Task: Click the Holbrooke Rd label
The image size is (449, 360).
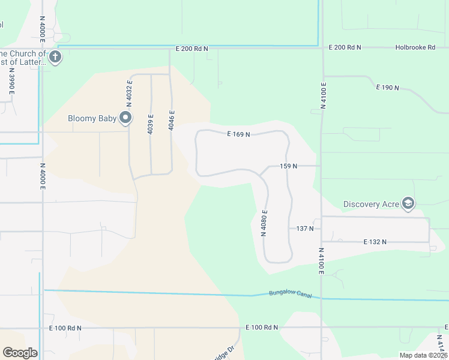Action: pyautogui.click(x=415, y=47)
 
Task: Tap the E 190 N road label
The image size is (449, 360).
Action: pyautogui.click(x=387, y=88)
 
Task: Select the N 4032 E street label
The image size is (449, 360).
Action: pyautogui.click(x=129, y=93)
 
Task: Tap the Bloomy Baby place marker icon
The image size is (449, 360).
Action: pyautogui.click(x=125, y=118)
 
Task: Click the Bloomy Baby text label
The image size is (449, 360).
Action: pyautogui.click(x=92, y=118)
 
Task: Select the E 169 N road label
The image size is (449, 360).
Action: pyautogui.click(x=238, y=134)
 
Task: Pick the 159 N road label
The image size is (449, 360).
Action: pyautogui.click(x=289, y=166)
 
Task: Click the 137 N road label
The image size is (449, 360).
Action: pyautogui.click(x=305, y=229)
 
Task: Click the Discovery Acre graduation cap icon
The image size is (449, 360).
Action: pyautogui.click(x=409, y=204)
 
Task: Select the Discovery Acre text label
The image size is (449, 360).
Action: pyautogui.click(x=371, y=204)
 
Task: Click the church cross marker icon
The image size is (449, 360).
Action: pyautogui.click(x=55, y=58)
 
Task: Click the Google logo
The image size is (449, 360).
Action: pyautogui.click(x=20, y=353)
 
